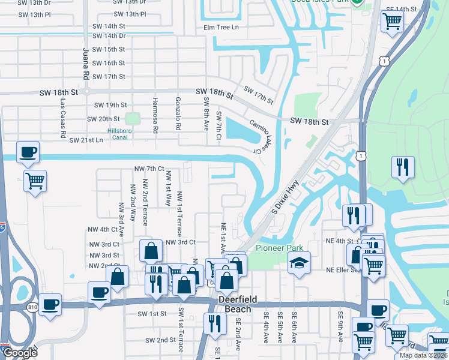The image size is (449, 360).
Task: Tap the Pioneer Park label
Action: click(279, 248)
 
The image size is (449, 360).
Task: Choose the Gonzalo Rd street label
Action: click(178, 114)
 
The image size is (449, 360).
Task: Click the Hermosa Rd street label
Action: click(155, 115)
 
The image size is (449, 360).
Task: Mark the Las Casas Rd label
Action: click(62, 119)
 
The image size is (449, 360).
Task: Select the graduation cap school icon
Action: click(298, 263)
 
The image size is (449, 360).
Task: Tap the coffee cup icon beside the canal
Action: click(28, 152)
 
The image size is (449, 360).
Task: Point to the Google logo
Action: click(20, 353)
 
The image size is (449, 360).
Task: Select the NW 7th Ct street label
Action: click(149, 169)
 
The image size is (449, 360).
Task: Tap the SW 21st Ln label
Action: click(86, 140)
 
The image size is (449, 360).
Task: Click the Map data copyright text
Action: click(423, 355)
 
